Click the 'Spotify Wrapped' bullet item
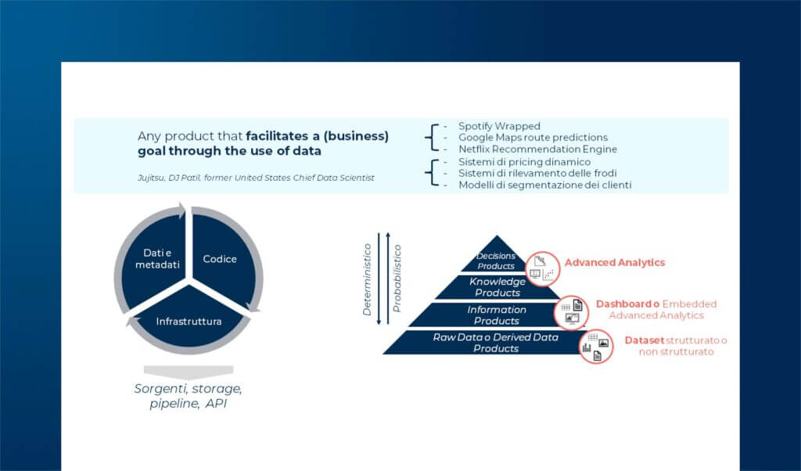499,126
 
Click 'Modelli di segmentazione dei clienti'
544,185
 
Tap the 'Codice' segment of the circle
220,259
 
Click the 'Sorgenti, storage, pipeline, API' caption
189,396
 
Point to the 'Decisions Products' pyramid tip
496,261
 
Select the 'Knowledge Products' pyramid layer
497,287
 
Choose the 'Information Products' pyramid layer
497,315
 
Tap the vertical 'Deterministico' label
367,279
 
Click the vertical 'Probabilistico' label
397,279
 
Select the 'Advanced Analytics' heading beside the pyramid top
615,263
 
